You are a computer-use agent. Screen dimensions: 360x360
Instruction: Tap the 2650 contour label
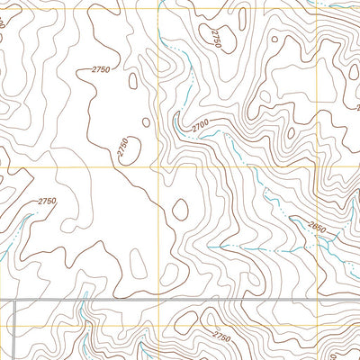tap(316, 229)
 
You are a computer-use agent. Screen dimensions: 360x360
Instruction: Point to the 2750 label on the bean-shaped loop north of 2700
tap(215, 39)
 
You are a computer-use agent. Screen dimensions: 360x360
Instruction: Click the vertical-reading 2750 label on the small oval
tap(123, 148)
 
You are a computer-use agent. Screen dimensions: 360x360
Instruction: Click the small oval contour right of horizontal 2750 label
tap(133, 81)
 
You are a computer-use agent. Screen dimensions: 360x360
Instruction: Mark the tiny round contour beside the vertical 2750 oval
tap(145, 123)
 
